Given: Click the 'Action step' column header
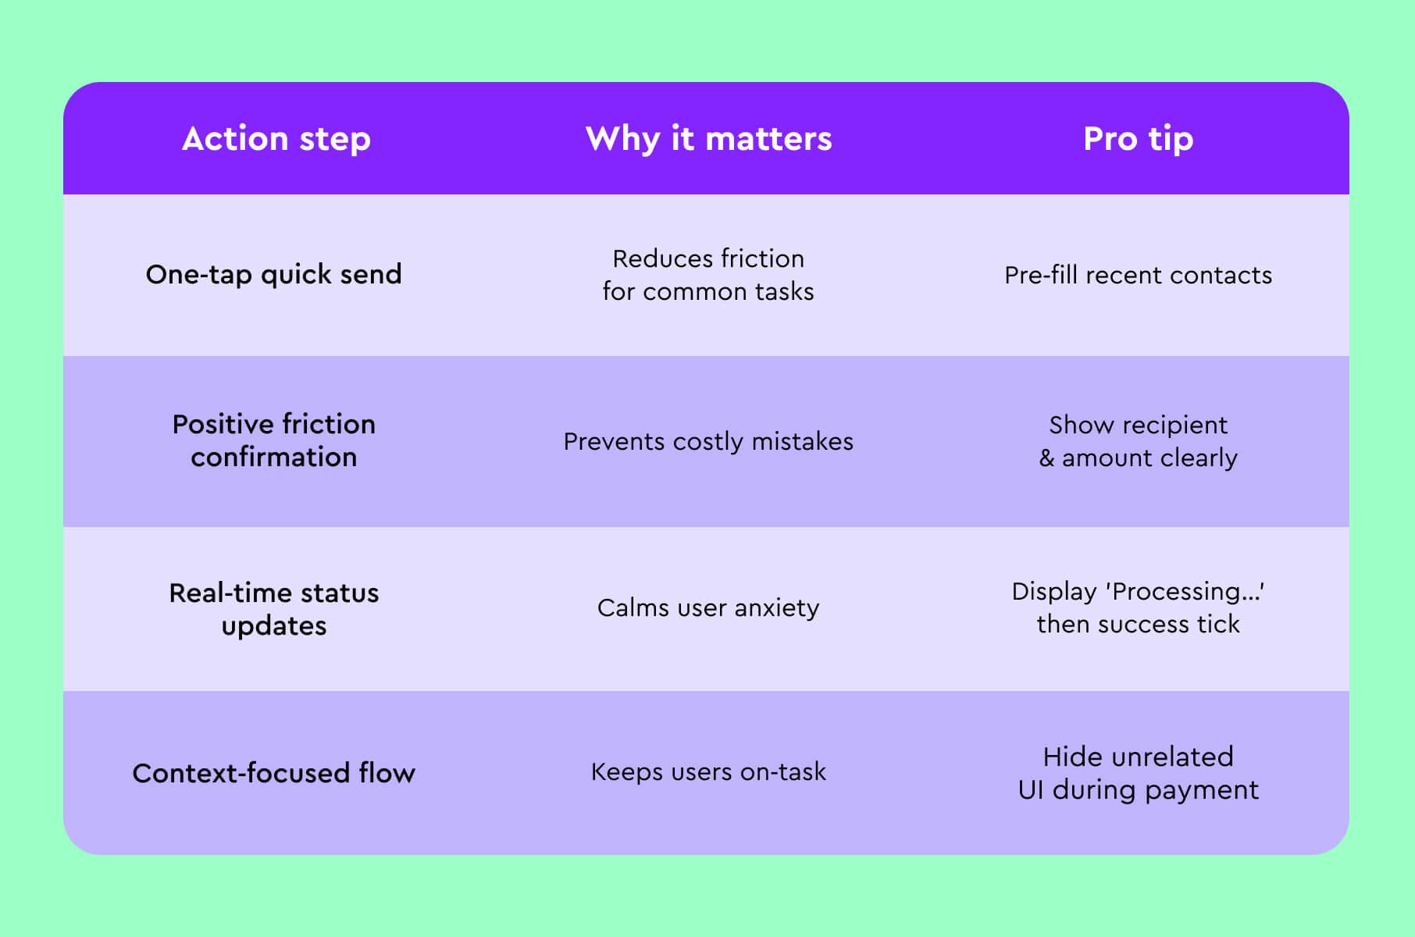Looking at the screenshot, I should click(276, 139).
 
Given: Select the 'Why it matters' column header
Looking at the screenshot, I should click(708, 139).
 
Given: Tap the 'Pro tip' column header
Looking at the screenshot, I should click(1138, 139).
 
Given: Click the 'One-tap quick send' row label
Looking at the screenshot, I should click(273, 275).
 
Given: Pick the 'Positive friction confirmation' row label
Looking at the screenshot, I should click(273, 440).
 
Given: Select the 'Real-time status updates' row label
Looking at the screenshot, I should click(273, 609).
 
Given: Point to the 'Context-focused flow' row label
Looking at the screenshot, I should click(273, 773).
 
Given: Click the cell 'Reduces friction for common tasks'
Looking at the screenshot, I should click(708, 275).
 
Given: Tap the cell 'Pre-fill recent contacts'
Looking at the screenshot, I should click(1138, 275).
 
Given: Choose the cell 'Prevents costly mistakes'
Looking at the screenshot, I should click(708, 441).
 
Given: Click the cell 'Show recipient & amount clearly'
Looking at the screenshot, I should click(1138, 441).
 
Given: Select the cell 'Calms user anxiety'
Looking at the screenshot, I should click(708, 607).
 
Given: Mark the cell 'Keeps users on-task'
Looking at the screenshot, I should click(708, 771).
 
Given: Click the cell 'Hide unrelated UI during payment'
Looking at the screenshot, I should click(1138, 773).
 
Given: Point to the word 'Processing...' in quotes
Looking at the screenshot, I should click(1185, 592).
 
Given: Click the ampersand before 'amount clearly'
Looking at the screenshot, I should click(1046, 458).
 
